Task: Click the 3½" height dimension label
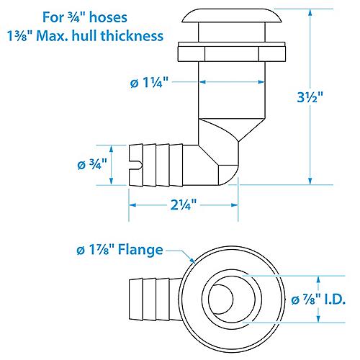click(310, 97)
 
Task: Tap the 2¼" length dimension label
click(184, 204)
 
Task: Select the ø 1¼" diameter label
click(149, 82)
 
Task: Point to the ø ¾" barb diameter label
click(92, 164)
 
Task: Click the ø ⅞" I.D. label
click(318, 300)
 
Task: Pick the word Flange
click(140, 250)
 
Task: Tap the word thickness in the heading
click(132, 36)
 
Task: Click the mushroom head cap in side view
click(232, 16)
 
